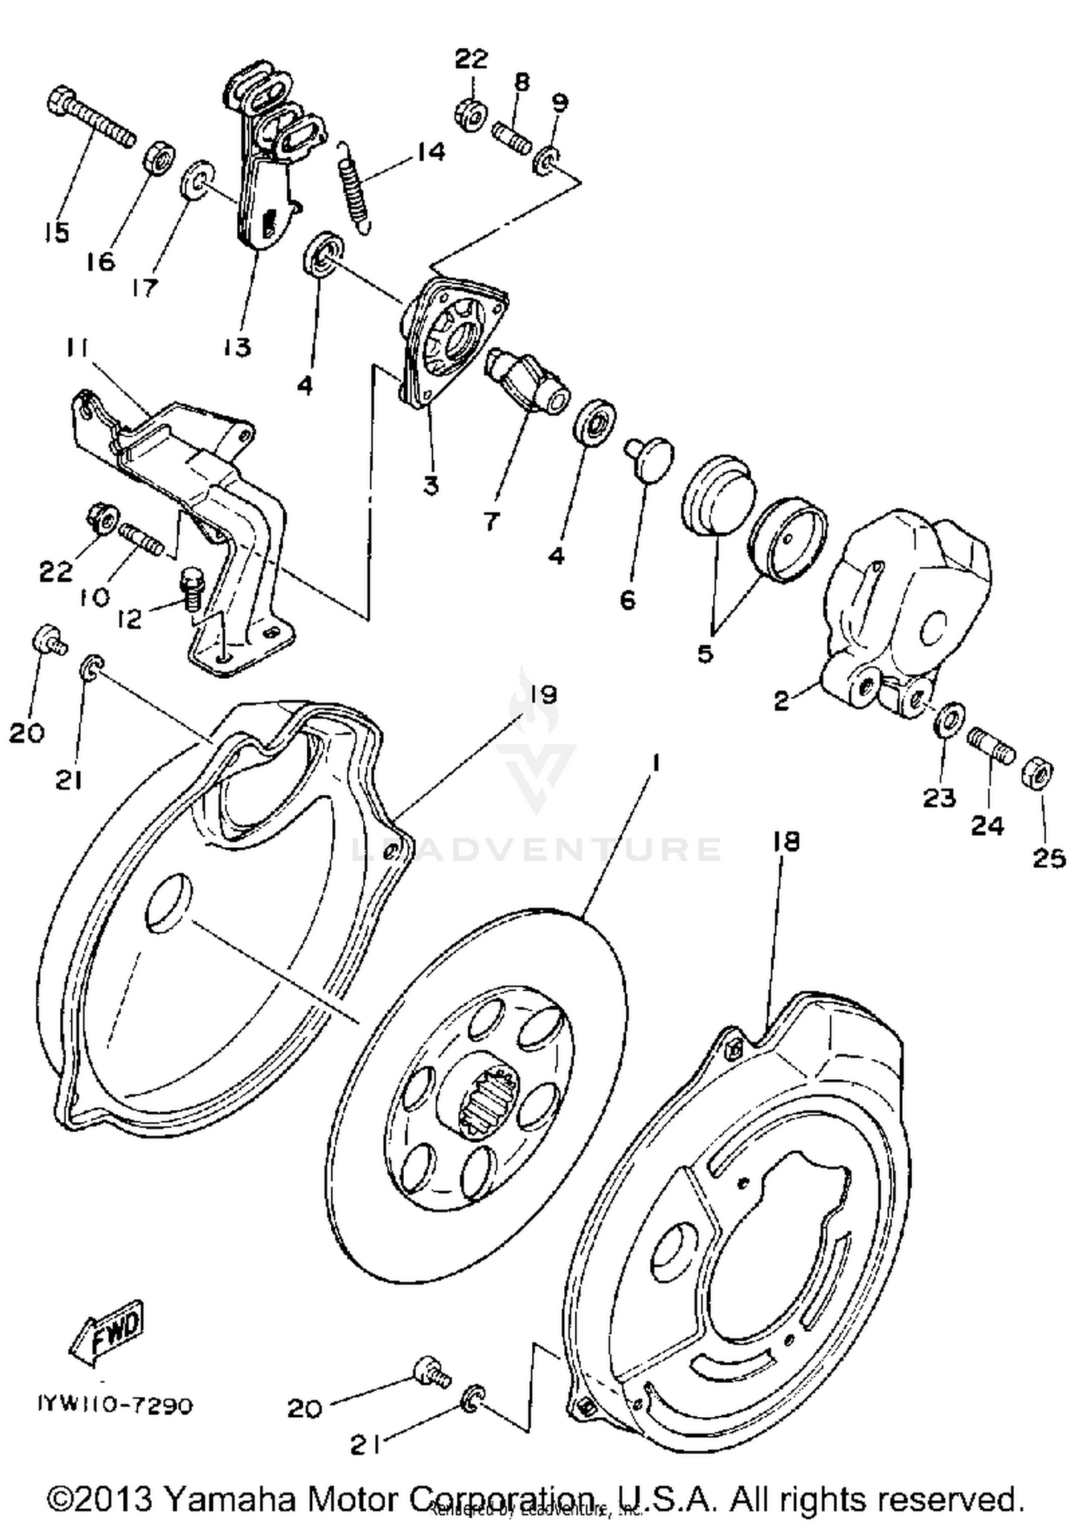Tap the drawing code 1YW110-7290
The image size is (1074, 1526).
pos(115,1405)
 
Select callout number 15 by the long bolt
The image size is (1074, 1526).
pos(57,233)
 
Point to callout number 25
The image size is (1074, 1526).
pos(1048,857)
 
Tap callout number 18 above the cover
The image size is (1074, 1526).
pos(785,841)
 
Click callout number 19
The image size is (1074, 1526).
pos(543,694)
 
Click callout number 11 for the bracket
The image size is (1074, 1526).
pos(77,349)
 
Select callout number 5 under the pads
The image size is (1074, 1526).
pos(705,652)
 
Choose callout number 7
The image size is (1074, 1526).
pos(490,521)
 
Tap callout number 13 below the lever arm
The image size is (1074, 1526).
pos(237,347)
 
